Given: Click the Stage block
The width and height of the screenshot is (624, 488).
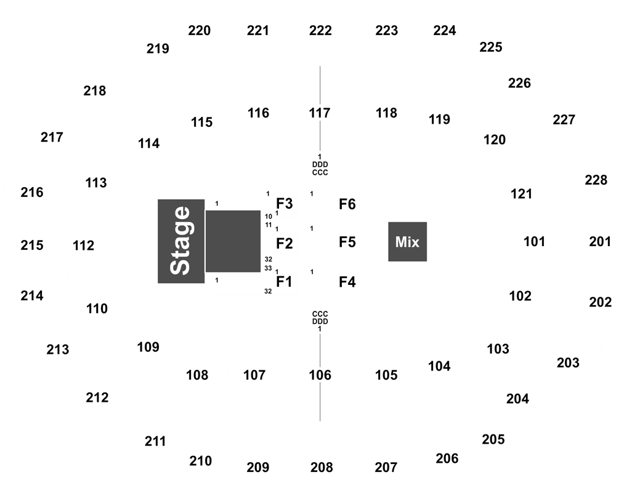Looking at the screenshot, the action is (x=181, y=241).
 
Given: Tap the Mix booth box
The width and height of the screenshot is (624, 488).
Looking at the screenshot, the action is (x=408, y=242).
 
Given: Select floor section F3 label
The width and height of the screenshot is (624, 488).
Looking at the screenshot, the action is (x=285, y=204).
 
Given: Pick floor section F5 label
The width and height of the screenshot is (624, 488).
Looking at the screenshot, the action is (x=347, y=242).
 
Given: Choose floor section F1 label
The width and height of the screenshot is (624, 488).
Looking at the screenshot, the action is (x=284, y=282).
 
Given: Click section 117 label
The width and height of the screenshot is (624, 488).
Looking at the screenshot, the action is (x=320, y=113).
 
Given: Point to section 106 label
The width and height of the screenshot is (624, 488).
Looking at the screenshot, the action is (x=320, y=375).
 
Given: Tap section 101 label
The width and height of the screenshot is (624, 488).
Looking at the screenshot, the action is (x=534, y=241).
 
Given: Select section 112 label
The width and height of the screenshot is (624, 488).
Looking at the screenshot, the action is (x=84, y=246).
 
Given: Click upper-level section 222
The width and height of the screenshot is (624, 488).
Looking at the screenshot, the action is (x=320, y=31).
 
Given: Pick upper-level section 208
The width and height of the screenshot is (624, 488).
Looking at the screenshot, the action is (x=322, y=467).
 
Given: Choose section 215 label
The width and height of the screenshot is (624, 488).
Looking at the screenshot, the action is (x=32, y=245).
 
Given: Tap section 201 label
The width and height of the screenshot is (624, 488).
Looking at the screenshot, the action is (x=600, y=241).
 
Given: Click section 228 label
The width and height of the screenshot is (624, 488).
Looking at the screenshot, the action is (x=596, y=180).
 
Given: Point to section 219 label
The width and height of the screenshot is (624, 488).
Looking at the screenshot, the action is (x=158, y=49).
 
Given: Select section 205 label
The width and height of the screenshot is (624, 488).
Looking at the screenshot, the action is (x=493, y=439).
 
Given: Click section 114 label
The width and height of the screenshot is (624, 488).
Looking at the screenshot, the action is (x=149, y=143).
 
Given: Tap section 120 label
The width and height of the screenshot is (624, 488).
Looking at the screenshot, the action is (x=495, y=140).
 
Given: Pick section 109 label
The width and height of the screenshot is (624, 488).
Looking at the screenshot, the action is (x=148, y=347).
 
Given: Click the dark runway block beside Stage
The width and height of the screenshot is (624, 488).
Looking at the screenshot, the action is (x=233, y=241).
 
